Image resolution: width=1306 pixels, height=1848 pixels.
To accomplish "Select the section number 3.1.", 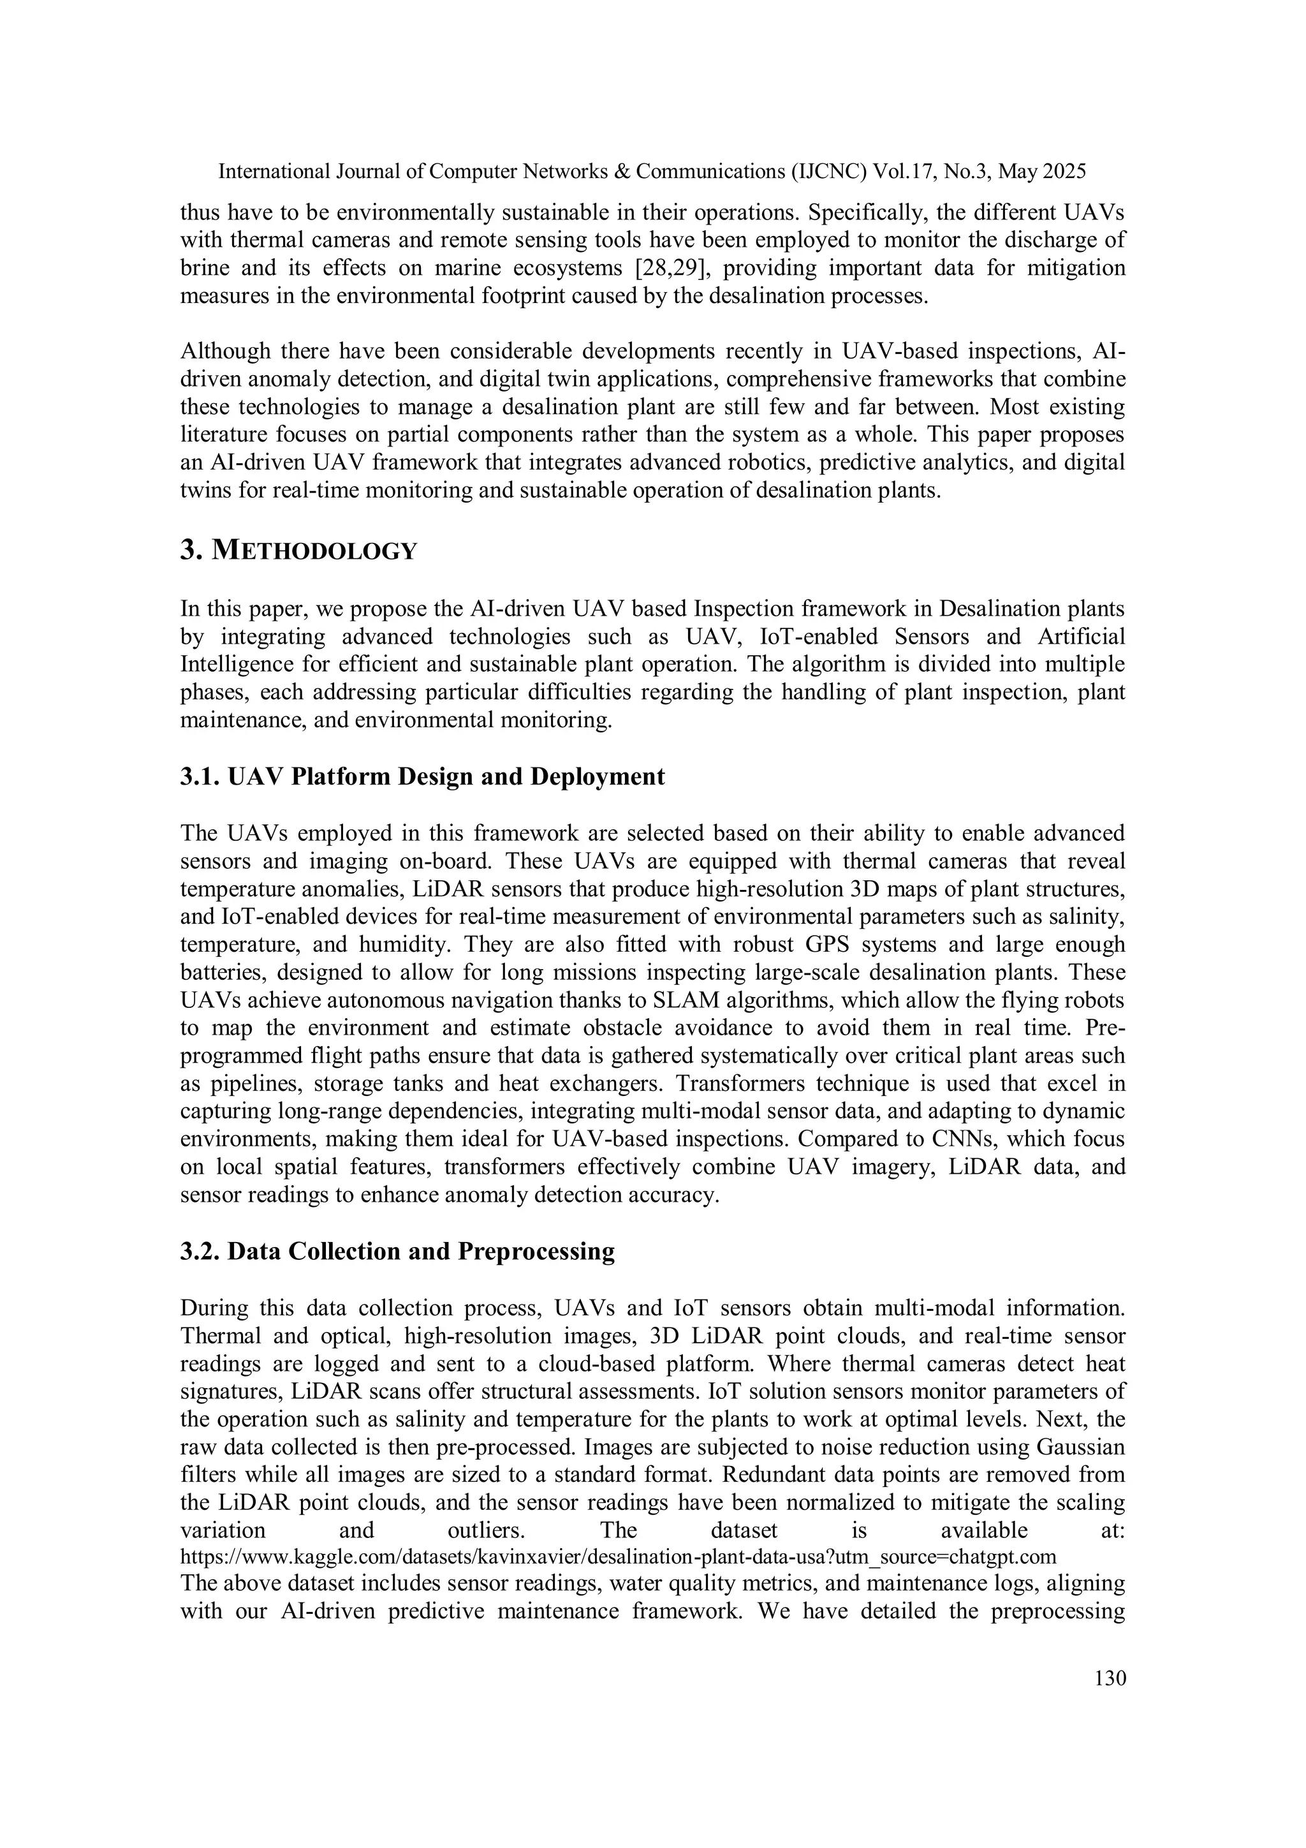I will [200, 777].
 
